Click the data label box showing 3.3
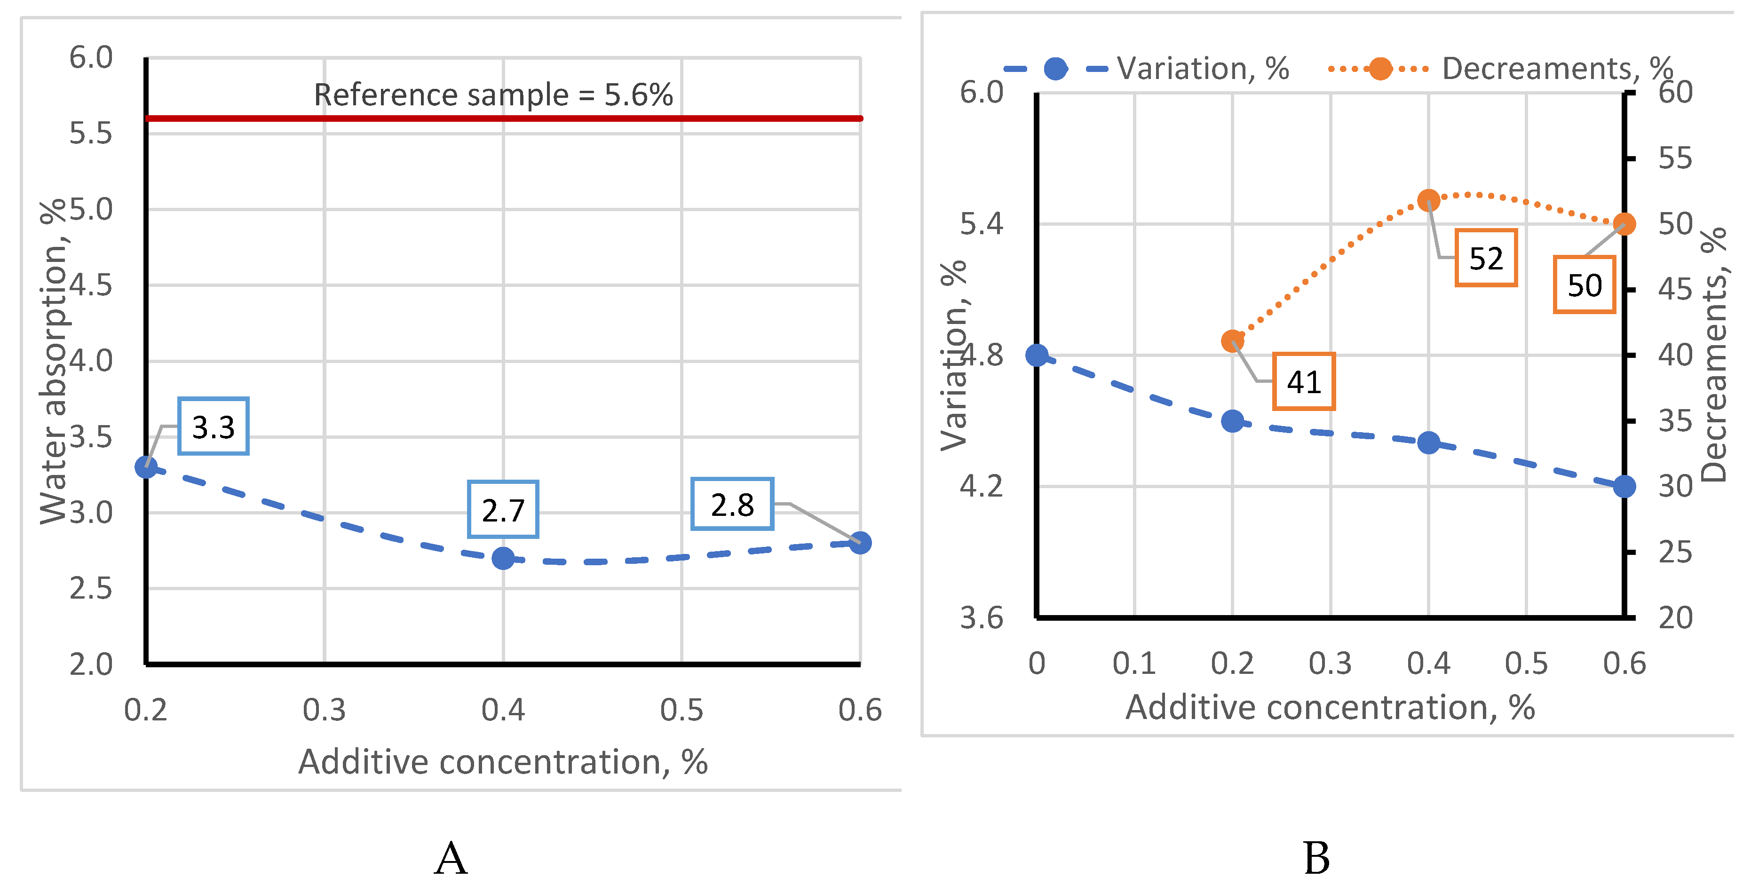tap(214, 426)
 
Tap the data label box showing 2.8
tap(732, 504)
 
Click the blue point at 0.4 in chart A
tap(503, 558)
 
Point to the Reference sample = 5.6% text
tap(493, 95)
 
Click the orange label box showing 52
tap(1486, 258)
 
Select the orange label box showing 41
tap(1304, 381)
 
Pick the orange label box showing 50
tap(1585, 285)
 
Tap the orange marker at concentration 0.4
tap(1429, 200)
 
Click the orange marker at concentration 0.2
tap(1232, 341)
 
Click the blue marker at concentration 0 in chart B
tap(1037, 355)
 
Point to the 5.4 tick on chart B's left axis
tap(982, 223)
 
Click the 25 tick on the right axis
tap(1675, 553)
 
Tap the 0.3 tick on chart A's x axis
tap(324, 710)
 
